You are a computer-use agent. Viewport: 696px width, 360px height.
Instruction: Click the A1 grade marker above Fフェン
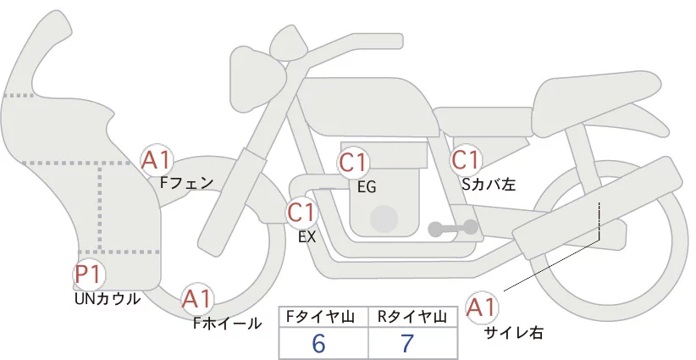[x=155, y=161]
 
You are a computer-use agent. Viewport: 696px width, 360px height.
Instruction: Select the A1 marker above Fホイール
[x=197, y=299]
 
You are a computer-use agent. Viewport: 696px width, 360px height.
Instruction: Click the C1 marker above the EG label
[x=353, y=163]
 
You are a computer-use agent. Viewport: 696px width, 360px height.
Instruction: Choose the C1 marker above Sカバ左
[x=466, y=160]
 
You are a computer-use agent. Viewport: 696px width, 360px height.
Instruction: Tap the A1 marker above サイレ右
[x=481, y=307]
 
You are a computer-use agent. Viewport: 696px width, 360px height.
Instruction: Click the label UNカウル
[x=108, y=299]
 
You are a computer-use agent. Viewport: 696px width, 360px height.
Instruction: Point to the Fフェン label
[x=186, y=182]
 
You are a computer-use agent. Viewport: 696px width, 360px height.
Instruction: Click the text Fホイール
[x=228, y=324]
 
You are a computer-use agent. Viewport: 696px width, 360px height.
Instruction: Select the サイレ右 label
[x=513, y=332]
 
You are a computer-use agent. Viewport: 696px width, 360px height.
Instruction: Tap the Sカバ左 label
[x=489, y=184]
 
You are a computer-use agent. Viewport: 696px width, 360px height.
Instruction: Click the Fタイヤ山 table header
[x=320, y=317]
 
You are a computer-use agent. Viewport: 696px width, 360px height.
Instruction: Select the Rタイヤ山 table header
[x=412, y=317]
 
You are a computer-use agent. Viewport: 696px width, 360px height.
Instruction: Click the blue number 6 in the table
[x=318, y=343]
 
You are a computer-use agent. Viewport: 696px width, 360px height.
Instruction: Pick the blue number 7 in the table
[x=406, y=343]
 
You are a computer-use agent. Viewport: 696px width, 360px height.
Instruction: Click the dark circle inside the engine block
[x=384, y=219]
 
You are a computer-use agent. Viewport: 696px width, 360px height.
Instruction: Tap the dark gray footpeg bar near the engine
[x=453, y=228]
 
